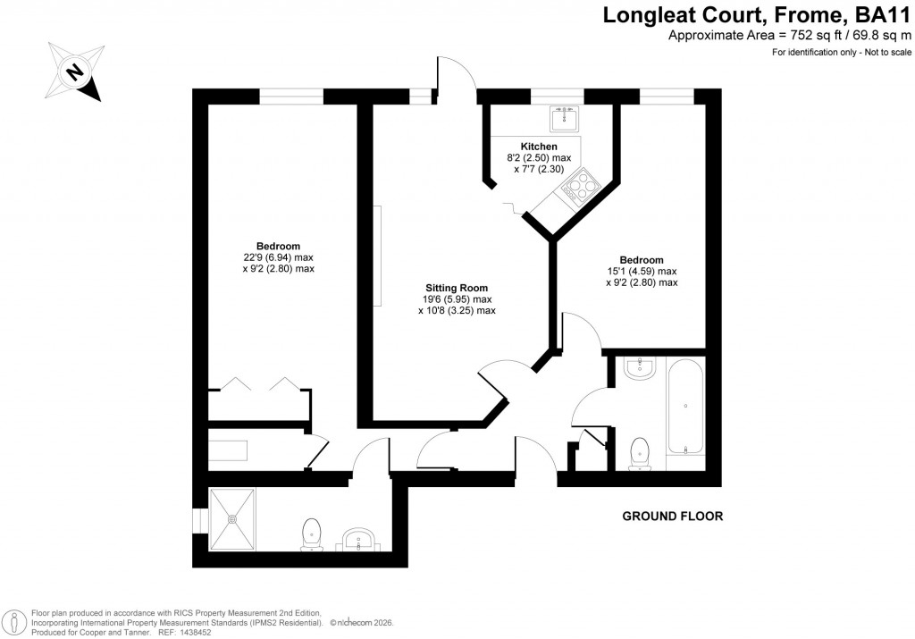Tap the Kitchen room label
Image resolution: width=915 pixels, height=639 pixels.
click(538, 147)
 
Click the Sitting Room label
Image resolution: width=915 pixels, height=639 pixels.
click(456, 288)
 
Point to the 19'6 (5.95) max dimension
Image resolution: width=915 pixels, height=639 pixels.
click(457, 299)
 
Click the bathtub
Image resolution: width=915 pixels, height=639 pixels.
click(684, 408)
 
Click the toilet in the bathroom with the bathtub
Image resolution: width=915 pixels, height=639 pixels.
click(639, 452)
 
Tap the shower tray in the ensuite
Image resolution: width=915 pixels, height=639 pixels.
click(232, 518)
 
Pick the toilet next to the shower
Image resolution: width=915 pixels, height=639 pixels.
click(311, 533)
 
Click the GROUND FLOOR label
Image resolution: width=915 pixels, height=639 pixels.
click(672, 517)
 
